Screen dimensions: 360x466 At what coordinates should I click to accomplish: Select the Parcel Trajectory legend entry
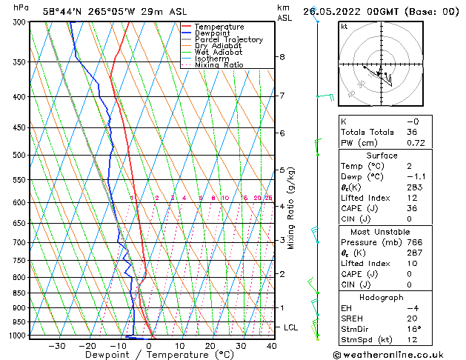pos(228,39)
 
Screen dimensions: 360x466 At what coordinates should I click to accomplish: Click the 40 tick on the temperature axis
pos(272,346)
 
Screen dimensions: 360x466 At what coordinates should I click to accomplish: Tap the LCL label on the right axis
pos(291,327)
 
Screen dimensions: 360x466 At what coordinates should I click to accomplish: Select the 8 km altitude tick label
pos(282,57)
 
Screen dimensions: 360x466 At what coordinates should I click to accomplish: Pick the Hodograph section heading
pos(382,297)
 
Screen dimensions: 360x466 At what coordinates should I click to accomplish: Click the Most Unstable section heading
pos(382,232)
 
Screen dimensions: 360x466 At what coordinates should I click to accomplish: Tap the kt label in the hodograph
pos(344,27)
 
